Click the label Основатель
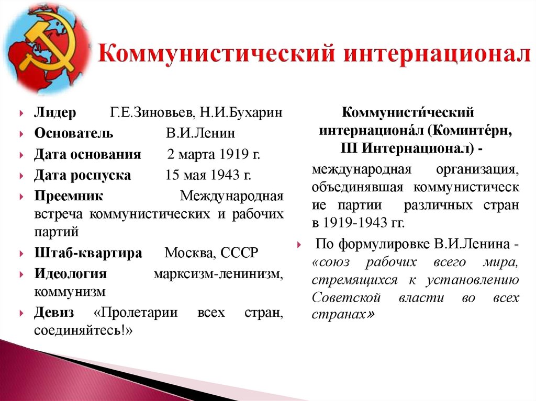[x=74, y=133]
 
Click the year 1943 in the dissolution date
[x=225, y=175]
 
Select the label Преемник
[x=69, y=196]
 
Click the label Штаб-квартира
[x=88, y=254]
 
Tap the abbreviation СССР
[x=239, y=254]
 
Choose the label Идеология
[x=71, y=274]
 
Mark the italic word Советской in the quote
[x=346, y=298]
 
